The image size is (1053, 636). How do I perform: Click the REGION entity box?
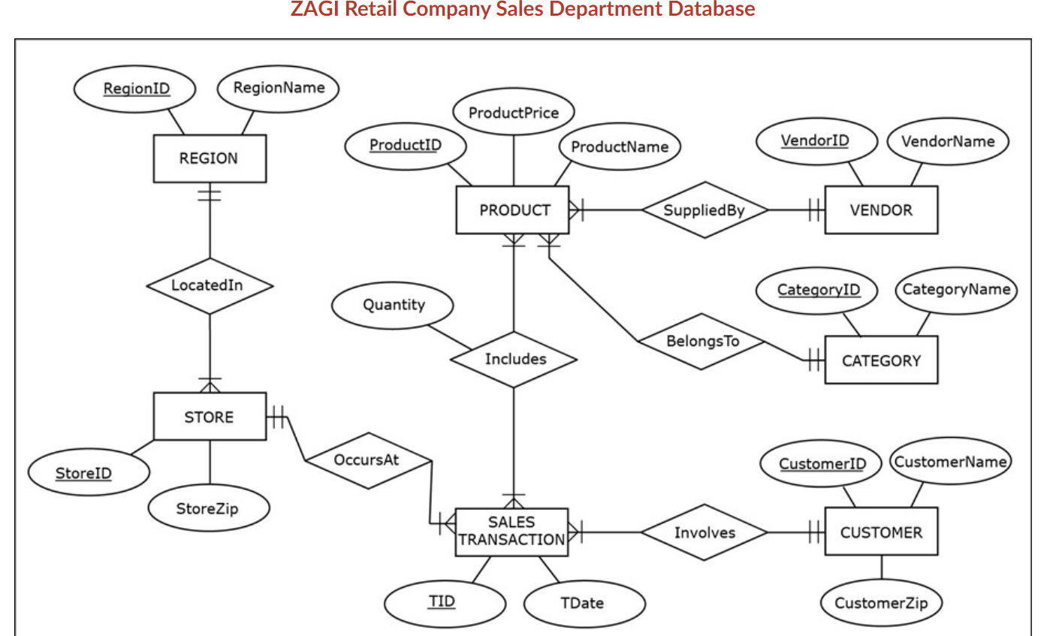(x=210, y=158)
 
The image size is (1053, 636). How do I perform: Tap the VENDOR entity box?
(x=881, y=210)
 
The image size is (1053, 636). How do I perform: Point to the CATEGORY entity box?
(x=881, y=360)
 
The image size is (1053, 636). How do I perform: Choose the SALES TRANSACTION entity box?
(x=511, y=532)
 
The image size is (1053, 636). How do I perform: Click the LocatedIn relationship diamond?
(x=210, y=285)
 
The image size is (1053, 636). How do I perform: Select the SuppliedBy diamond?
(x=705, y=210)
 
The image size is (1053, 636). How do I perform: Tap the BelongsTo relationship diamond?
(x=702, y=342)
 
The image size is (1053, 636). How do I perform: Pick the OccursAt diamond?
(x=368, y=460)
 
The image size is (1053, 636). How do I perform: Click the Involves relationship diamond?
(x=705, y=532)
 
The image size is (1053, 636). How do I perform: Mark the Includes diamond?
(x=514, y=360)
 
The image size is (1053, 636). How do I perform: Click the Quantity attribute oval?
(x=393, y=305)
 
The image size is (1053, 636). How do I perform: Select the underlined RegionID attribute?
(x=135, y=89)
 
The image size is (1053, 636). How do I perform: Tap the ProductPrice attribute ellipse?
(x=514, y=113)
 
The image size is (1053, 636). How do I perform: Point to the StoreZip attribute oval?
(x=208, y=509)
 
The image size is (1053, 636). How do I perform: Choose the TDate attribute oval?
(x=584, y=603)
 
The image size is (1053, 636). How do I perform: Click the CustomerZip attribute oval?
(x=881, y=603)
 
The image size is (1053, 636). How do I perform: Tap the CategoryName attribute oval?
(x=956, y=290)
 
